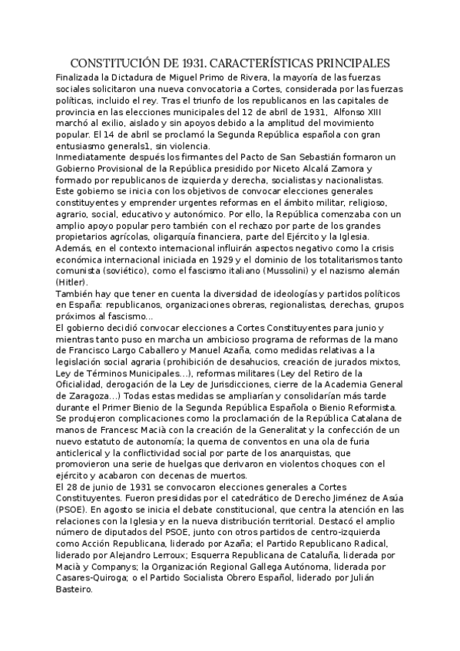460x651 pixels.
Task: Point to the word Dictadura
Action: click(127, 77)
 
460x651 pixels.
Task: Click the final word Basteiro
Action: click(76, 590)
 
